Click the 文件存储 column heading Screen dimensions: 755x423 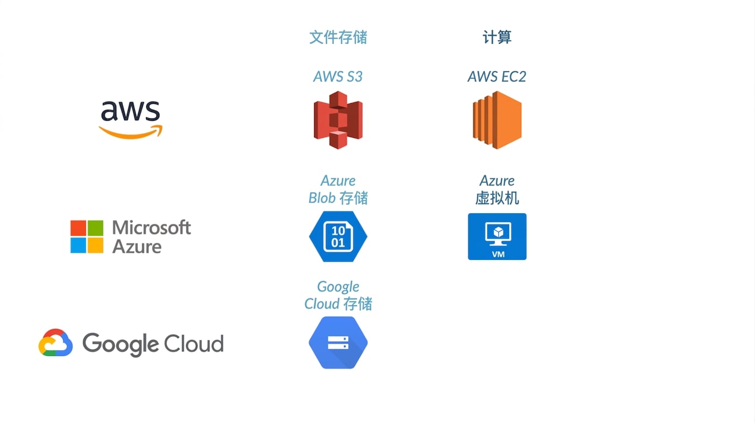(x=338, y=37)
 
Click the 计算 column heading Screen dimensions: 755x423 (x=497, y=37)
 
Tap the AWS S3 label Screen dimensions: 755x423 (x=338, y=77)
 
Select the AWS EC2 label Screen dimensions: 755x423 (x=497, y=77)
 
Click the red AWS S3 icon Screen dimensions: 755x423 (x=338, y=120)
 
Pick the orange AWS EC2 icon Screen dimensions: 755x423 (x=497, y=120)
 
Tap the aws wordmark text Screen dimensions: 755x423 (x=131, y=111)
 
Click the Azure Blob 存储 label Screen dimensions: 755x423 (x=338, y=189)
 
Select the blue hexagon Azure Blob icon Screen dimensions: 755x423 (x=338, y=236)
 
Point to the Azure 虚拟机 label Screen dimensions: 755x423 (x=497, y=189)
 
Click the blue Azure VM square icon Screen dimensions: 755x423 (x=497, y=236)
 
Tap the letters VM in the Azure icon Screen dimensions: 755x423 (x=498, y=254)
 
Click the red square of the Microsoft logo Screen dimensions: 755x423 (x=78, y=228)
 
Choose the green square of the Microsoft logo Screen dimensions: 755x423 (x=95, y=228)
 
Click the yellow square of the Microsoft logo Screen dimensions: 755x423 (x=95, y=246)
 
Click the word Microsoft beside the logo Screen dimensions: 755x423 (x=152, y=227)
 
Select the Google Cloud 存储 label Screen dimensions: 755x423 (x=338, y=295)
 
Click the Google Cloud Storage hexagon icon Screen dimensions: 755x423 (x=338, y=343)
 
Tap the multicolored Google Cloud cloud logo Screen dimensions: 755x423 (x=56, y=343)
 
